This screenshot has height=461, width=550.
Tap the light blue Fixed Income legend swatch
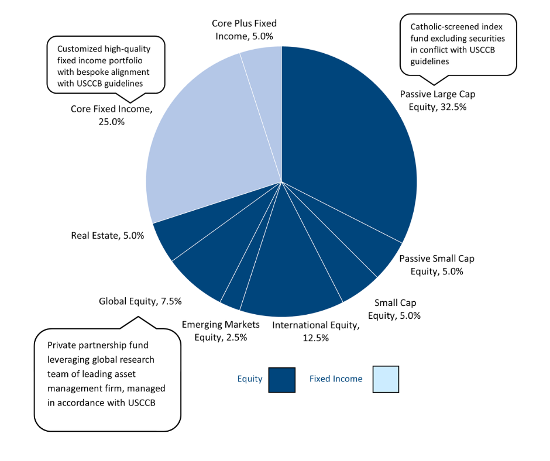click(385, 379)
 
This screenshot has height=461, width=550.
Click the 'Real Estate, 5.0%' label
click(108, 236)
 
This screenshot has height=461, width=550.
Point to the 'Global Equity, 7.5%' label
click(140, 301)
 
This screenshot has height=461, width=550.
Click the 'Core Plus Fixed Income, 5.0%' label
click(244, 29)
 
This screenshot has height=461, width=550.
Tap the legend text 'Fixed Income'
click(336, 379)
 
